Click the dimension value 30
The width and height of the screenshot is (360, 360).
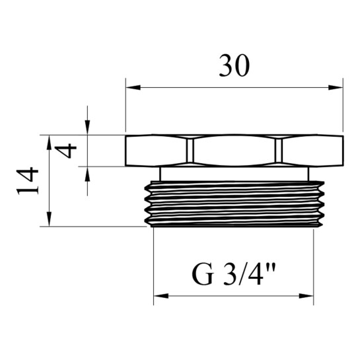click(x=234, y=66)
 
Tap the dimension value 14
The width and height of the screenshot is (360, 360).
click(x=27, y=181)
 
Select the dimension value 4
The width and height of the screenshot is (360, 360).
click(x=65, y=151)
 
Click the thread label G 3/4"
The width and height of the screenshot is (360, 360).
click(x=233, y=274)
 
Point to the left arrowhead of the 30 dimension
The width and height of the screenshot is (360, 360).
click(x=133, y=87)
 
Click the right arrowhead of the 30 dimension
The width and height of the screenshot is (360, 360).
click(x=336, y=87)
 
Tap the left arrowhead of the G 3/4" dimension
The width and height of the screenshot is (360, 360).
click(x=161, y=296)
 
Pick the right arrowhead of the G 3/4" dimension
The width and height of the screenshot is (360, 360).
click(x=306, y=296)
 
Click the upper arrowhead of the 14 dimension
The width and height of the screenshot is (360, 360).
click(x=49, y=142)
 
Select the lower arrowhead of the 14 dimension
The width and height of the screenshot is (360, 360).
click(x=49, y=219)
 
